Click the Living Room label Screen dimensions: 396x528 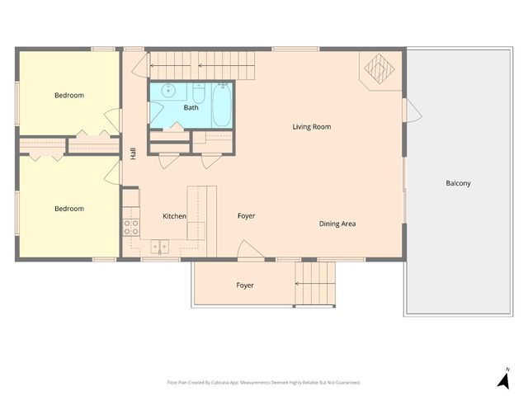pos(311,126)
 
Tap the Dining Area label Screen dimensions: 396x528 pos(337,224)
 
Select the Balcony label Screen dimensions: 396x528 pos(458,183)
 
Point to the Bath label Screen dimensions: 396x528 pos(191,107)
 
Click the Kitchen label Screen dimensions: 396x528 pos(174,216)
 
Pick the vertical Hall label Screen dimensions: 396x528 pos(132,153)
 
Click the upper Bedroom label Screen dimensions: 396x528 pos(69,96)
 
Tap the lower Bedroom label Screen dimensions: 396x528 pos(69,209)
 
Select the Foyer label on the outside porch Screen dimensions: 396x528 pos(245,285)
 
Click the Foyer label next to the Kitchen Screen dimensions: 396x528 pos(246,216)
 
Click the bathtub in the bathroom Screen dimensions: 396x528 pos(221,106)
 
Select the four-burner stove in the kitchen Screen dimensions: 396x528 pos(130,226)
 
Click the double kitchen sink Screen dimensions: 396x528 pos(160,245)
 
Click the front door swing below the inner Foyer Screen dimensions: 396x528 pos(248,250)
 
